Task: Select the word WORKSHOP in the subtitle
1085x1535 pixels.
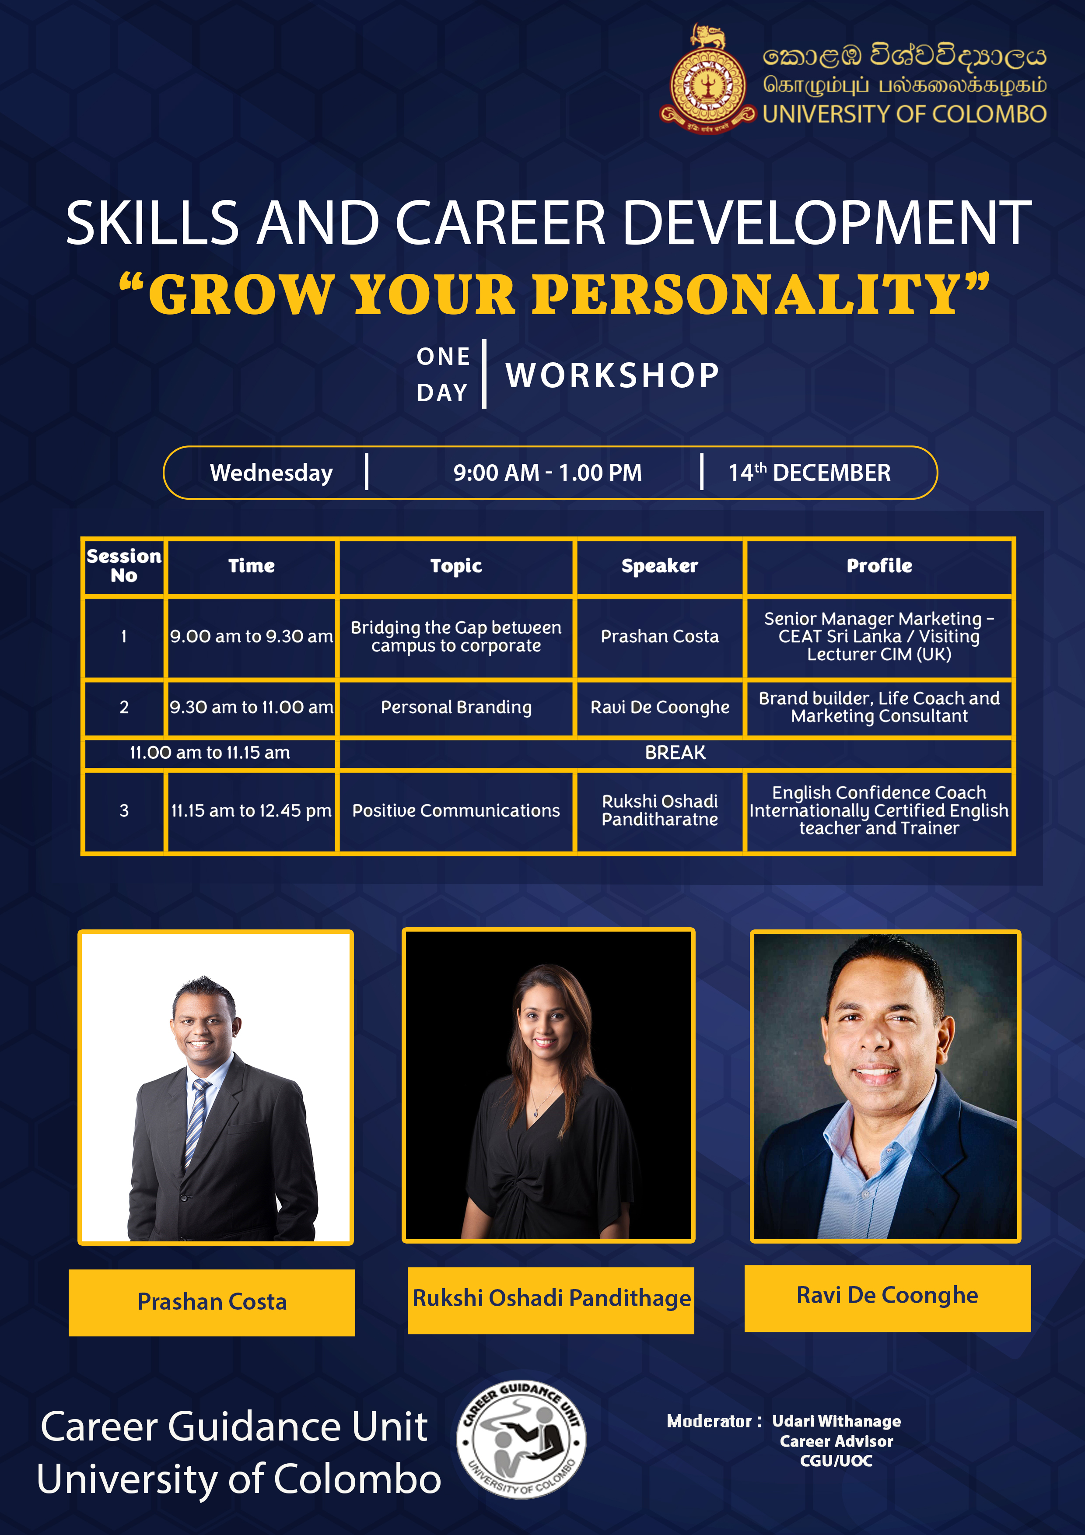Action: click(612, 375)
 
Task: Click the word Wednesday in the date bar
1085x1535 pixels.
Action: click(271, 473)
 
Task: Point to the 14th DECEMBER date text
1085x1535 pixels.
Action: click(809, 473)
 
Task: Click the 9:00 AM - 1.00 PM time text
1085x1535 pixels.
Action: click(547, 473)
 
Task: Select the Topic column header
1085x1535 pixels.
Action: click(456, 566)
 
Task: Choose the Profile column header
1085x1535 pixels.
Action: click(879, 566)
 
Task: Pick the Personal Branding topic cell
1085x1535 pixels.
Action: click(456, 707)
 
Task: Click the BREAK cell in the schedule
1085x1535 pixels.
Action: click(675, 753)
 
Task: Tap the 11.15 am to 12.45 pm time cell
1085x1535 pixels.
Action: click(252, 811)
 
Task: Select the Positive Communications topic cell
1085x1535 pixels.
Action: click(456, 811)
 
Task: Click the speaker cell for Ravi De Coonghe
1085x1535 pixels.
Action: click(660, 707)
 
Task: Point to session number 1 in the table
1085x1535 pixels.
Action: click(124, 637)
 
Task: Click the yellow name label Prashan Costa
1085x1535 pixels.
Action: click(212, 1302)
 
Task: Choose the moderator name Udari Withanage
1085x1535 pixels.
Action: click(836, 1421)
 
